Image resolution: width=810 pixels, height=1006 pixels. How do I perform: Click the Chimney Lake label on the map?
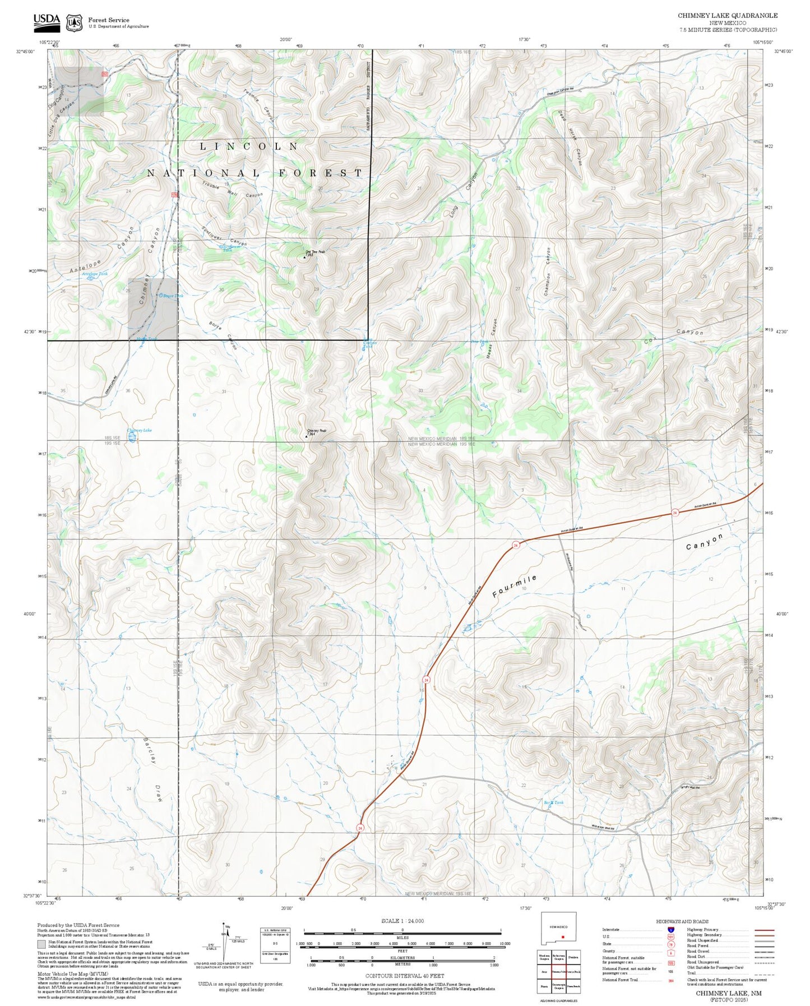tap(139, 430)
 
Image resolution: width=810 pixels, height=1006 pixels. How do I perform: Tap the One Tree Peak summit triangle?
tap(304, 257)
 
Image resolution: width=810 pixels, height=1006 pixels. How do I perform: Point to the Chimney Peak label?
tap(317, 431)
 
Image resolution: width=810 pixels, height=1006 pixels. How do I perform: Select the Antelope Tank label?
tap(95, 274)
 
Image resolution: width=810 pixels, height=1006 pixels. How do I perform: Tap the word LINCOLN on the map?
tap(250, 146)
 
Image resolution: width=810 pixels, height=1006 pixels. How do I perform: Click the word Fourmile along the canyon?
tap(515, 585)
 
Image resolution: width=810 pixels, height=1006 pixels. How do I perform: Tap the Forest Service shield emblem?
tap(73, 22)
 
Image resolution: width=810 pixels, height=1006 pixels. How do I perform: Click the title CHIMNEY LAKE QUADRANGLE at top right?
tap(727, 16)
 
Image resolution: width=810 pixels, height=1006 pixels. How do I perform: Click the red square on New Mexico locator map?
tap(562, 936)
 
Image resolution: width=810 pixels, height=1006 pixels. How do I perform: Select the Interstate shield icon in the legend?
tap(670, 930)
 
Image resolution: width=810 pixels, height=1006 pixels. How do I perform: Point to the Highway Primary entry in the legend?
tap(705, 930)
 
